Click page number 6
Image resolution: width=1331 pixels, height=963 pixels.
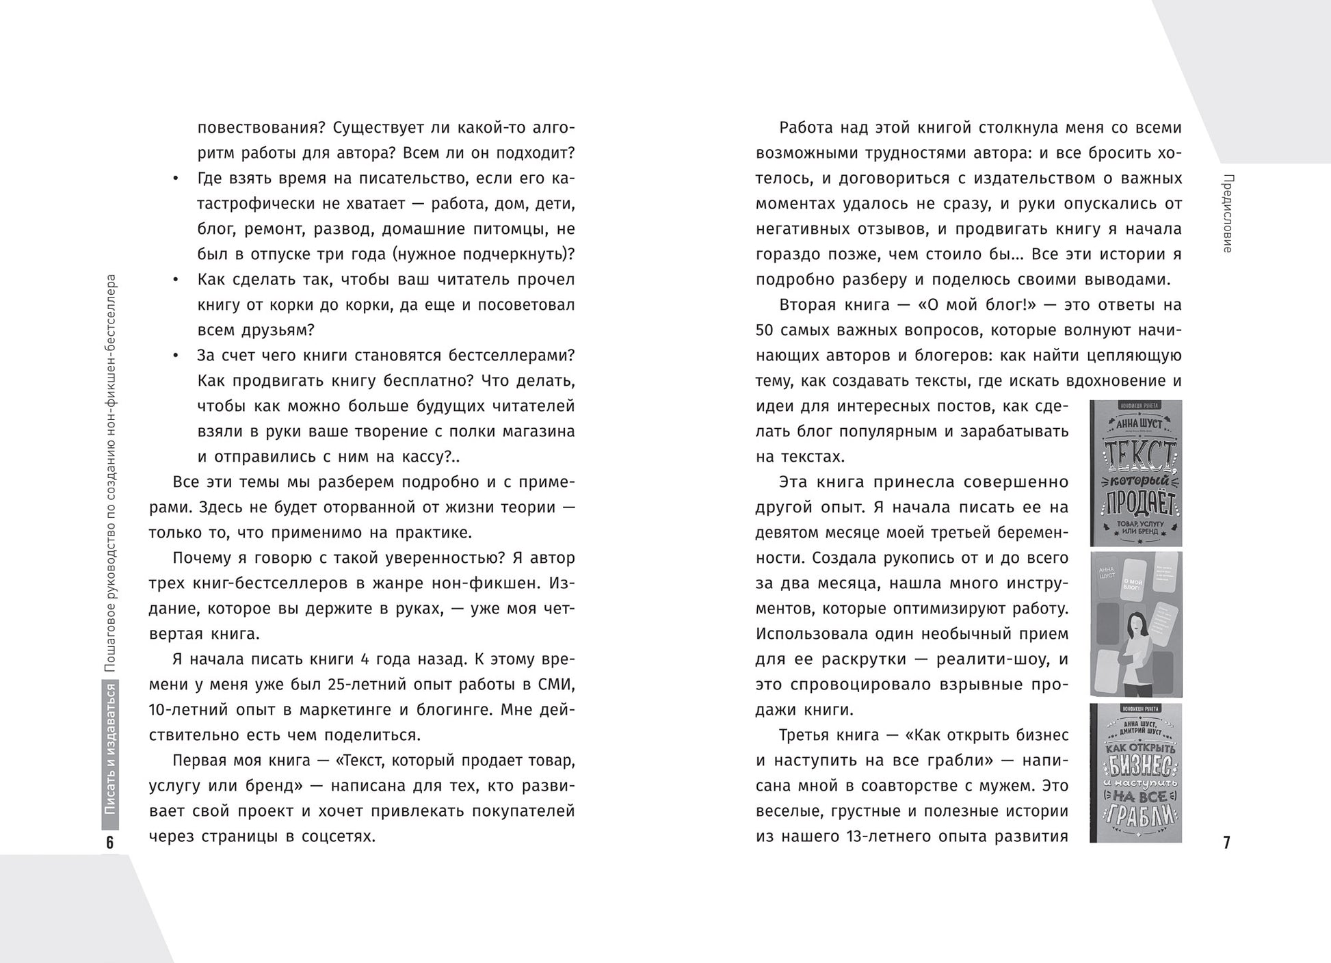click(110, 842)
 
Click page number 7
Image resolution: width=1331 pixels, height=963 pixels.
click(1226, 842)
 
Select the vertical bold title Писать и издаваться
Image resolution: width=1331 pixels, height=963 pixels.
click(110, 750)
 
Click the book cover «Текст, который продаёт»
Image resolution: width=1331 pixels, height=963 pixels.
click(1135, 473)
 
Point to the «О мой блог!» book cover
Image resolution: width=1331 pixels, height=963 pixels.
click(1135, 624)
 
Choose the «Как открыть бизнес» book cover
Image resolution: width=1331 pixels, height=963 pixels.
click(1135, 773)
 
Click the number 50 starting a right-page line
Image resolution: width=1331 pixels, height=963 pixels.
click(765, 330)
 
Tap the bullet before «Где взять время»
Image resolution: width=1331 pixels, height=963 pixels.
click(175, 179)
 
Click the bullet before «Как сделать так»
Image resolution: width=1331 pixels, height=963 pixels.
click(175, 280)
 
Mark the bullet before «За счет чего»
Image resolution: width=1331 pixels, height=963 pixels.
click(175, 356)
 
